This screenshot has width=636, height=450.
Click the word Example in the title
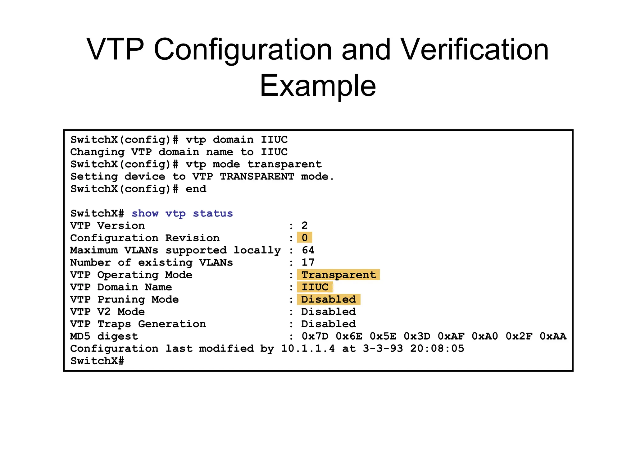[x=318, y=86]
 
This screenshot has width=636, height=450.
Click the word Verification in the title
[x=475, y=50]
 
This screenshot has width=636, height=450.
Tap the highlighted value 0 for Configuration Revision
[x=305, y=238]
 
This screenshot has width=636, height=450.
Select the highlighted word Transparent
[x=338, y=275]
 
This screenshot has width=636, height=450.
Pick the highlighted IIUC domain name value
[x=315, y=287]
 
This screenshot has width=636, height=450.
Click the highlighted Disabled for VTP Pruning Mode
[x=329, y=299]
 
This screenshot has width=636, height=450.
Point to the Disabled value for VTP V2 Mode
[x=329, y=312]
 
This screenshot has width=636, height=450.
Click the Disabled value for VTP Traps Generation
[x=329, y=324]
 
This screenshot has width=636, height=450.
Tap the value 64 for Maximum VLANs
[x=308, y=250]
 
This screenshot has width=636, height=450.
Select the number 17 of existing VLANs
[x=308, y=262]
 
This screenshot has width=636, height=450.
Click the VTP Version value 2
[x=305, y=225]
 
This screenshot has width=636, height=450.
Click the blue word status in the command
[x=213, y=214]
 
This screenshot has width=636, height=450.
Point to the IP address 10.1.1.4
[x=308, y=349]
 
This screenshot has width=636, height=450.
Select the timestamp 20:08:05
[x=437, y=349]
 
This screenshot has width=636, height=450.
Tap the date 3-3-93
[x=383, y=349]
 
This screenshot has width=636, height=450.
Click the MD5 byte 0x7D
[x=315, y=336]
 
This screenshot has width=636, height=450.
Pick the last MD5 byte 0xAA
[x=553, y=336]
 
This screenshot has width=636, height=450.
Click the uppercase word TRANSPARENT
[x=257, y=177]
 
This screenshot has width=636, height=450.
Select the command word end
[x=196, y=189]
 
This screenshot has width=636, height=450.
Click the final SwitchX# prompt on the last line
[x=97, y=361]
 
